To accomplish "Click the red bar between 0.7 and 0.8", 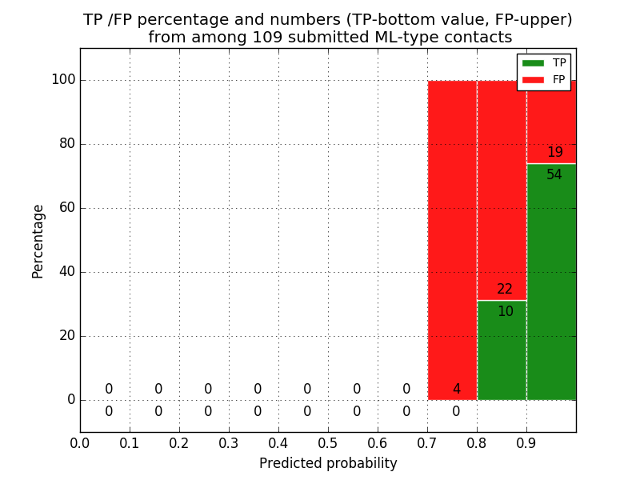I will pos(452,240).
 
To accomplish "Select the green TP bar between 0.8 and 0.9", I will pos(502,352).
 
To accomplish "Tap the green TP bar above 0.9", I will pos(551,288).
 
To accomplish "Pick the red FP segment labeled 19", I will pos(551,120).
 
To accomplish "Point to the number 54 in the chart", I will pos(554,174).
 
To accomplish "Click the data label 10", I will pos(506,312).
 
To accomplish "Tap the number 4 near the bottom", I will pos(456,390).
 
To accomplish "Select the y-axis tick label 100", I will pos(63,80).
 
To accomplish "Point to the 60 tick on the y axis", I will pos(66,208).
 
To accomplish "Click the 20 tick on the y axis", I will pos(66,336).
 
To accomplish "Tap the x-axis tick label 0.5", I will pos(328,442).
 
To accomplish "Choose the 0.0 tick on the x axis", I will pos(80,442).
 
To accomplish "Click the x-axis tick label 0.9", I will pos(526,442).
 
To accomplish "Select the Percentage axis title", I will pos(38,241).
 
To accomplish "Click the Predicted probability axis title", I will pos(328,463).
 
